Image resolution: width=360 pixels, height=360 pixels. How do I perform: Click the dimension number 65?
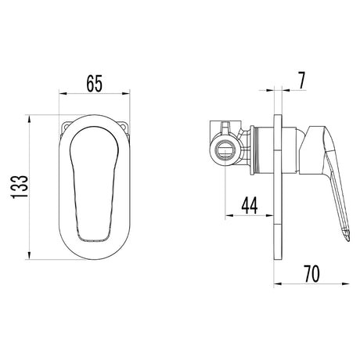(95, 84)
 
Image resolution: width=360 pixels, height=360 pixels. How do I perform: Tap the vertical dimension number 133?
(20, 186)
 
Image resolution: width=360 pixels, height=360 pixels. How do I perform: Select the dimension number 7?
(301, 81)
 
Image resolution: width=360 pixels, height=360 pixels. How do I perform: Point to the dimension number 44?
(250, 206)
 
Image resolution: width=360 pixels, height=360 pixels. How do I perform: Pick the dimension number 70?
(311, 274)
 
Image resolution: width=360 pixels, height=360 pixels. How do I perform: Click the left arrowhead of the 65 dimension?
(63, 93)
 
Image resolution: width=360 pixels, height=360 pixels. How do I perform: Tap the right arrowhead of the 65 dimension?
(126, 93)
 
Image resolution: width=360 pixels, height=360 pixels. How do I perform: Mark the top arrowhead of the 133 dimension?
(29, 119)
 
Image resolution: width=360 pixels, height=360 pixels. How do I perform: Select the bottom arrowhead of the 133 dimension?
(29, 255)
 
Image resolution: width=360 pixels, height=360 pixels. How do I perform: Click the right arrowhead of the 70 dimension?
(346, 284)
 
